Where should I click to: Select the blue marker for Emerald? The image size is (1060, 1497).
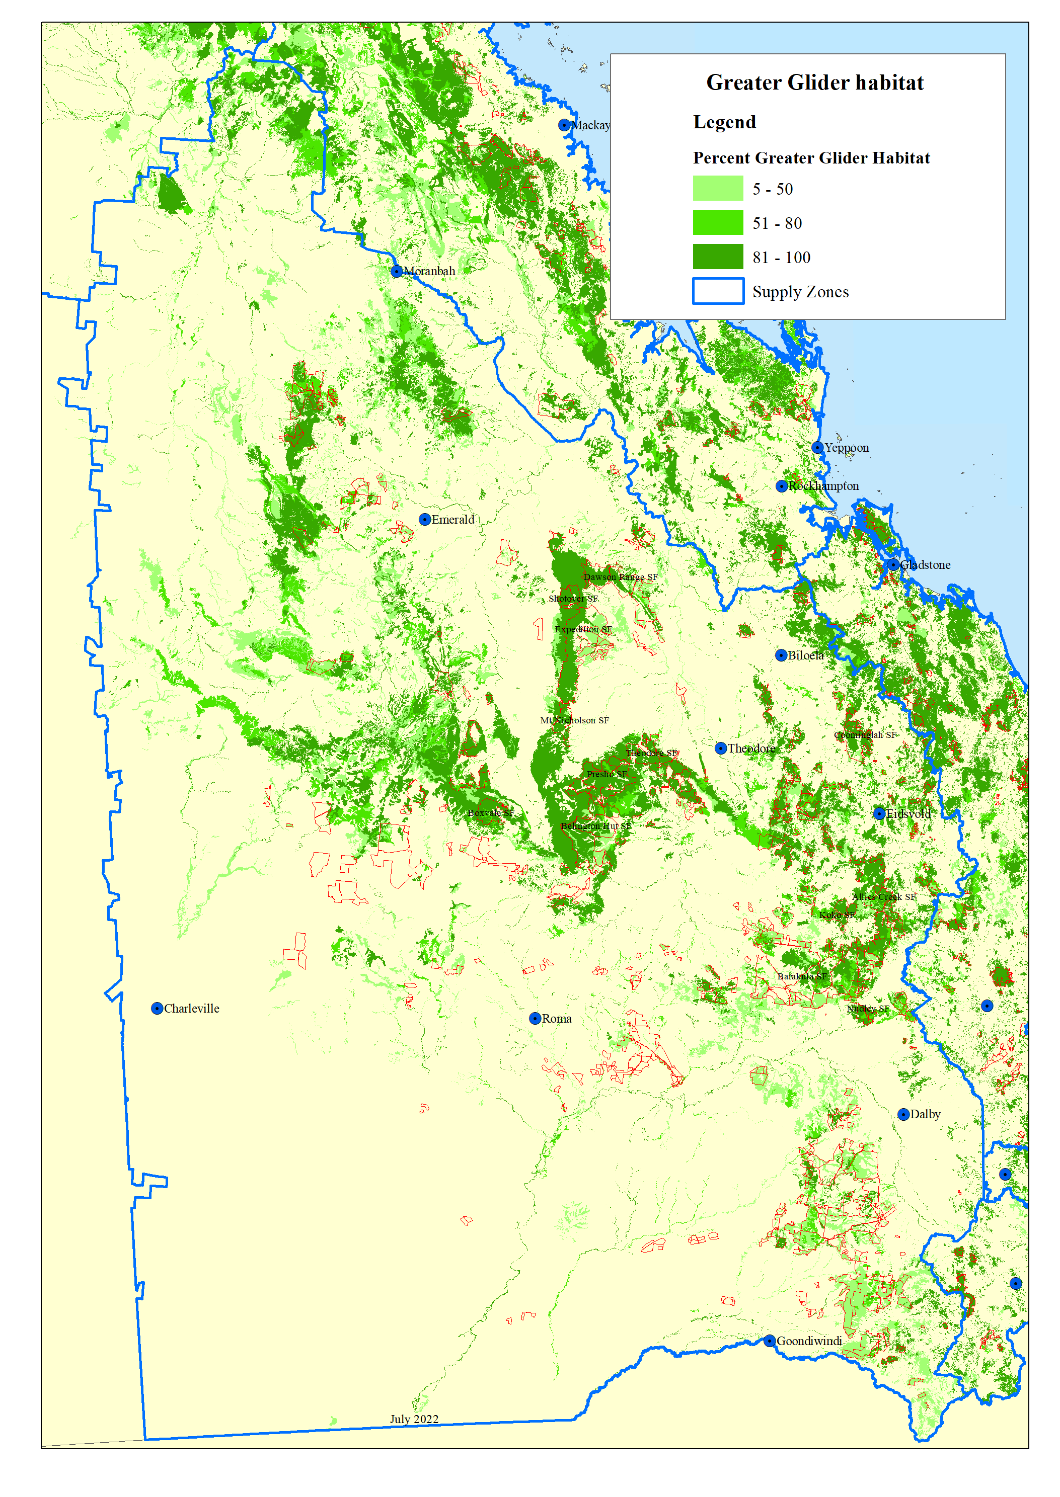click(x=425, y=520)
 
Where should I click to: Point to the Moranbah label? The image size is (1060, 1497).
click(x=429, y=271)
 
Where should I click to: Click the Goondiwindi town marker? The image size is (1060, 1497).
click(x=770, y=1341)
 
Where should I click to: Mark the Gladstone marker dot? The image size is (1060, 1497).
click(x=893, y=565)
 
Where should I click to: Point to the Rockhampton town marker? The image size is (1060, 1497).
click(x=781, y=486)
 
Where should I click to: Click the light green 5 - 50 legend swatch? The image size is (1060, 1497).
click(x=717, y=189)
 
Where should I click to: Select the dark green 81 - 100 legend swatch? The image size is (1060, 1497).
click(x=717, y=257)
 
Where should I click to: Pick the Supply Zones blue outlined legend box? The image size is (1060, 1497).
click(x=717, y=291)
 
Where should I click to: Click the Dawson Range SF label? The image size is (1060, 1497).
click(x=620, y=577)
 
